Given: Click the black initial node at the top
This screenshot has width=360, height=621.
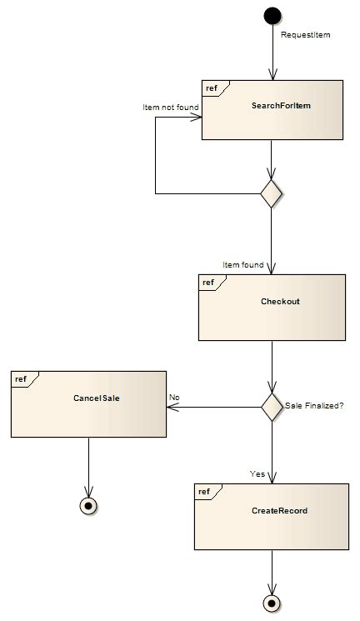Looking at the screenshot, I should coord(272,15).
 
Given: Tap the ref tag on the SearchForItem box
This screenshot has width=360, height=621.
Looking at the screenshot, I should coord(212,88).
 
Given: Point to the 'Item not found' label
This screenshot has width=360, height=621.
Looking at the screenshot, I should coord(170,108).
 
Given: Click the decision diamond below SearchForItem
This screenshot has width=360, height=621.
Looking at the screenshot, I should coord(272,194).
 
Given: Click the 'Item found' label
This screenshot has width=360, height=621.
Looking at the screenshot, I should coord(242,264).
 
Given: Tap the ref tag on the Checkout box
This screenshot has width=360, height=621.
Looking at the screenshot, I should coord(207,283).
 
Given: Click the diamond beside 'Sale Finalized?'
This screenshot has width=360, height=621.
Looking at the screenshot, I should coord(272,407).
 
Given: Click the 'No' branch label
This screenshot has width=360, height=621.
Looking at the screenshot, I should coord(174,398).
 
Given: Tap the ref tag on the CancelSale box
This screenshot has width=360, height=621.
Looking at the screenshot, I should coord(20,380).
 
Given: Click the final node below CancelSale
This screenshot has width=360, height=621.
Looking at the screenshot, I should coord(88,505).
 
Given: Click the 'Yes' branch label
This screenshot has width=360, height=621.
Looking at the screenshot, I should coord(257,473).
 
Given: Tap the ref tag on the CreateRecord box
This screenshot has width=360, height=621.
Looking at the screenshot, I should coord(204,493).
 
